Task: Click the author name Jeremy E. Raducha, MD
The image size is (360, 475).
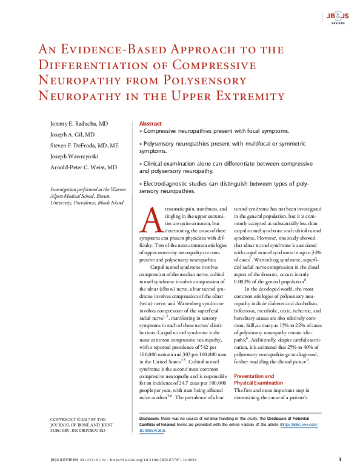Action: pos(79,124)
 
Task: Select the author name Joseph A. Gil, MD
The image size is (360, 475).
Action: pos(72,135)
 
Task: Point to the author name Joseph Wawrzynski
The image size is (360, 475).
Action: pos(77,157)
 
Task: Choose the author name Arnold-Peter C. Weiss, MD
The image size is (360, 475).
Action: pos(84,167)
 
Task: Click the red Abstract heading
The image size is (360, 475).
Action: pos(150,123)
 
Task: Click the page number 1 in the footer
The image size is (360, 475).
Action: pos(340,460)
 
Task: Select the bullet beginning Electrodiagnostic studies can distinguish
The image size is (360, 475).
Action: pos(224,187)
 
